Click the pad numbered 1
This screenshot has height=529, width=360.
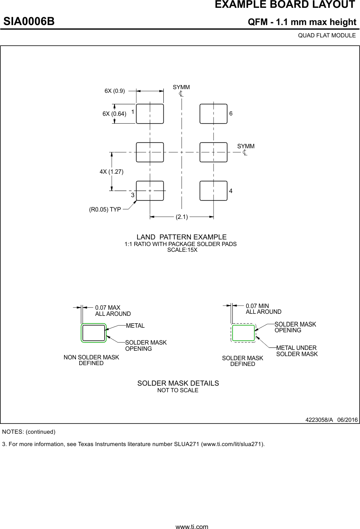click(150, 114)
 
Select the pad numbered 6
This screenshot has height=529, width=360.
click(213, 114)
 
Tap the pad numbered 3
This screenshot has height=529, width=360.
click(150, 191)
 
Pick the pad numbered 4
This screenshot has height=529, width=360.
click(213, 191)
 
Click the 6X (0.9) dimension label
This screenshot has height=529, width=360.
click(115, 91)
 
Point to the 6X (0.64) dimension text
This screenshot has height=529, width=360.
click(114, 114)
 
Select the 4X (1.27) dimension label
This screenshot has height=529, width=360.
click(111, 171)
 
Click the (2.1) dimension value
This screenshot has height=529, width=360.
click(181, 217)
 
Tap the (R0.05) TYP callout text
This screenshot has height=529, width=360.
click(105, 209)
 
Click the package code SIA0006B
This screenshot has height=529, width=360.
click(29, 21)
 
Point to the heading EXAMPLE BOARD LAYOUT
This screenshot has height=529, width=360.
click(285, 5)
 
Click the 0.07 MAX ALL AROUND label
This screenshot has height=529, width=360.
click(112, 310)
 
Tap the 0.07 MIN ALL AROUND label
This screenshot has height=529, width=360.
click(263, 309)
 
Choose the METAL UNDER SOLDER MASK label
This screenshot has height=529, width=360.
click(297, 351)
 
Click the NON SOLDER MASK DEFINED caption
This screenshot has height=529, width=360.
click(91, 360)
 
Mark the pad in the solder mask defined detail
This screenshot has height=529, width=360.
click(243, 333)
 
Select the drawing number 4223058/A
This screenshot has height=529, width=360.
click(319, 420)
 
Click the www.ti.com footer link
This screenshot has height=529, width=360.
click(192, 526)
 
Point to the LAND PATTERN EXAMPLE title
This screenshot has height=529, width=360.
click(181, 237)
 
